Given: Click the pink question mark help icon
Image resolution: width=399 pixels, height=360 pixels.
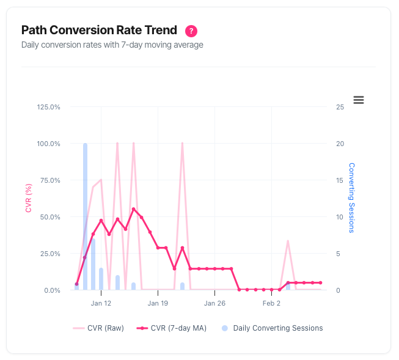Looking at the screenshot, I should point(192,31).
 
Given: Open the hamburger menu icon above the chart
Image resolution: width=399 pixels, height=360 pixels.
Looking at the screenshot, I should point(359,100).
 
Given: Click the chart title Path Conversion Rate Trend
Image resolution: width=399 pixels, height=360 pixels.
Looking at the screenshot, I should point(99,30).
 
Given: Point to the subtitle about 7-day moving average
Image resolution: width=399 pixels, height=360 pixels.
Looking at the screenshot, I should point(112,45).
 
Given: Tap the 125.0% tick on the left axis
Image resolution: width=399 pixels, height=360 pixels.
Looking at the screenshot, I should point(49,107).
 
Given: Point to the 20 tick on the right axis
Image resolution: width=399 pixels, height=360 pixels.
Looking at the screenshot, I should point(340,144).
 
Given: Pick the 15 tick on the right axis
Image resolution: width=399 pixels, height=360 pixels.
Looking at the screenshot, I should point(340,180).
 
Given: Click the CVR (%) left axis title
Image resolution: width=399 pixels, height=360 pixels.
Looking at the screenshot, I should point(29,198).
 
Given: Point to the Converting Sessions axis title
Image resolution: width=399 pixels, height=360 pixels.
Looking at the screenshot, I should point(351,197).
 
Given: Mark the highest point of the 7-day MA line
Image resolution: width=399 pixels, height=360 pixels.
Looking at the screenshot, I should point(133,209).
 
